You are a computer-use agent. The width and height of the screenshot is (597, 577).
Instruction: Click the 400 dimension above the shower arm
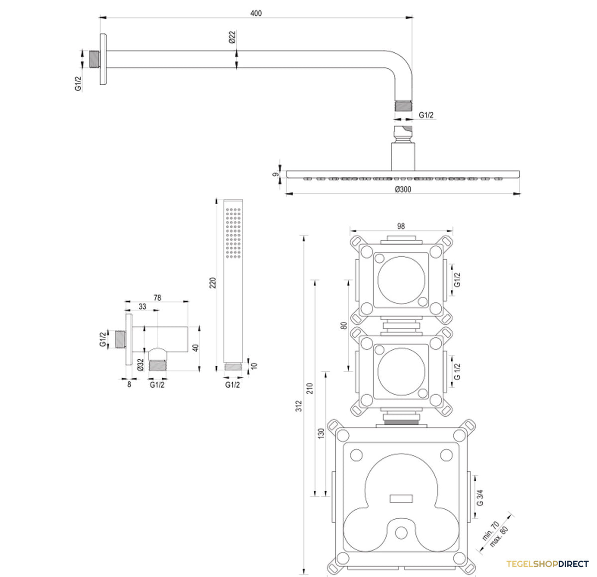(x=256, y=13)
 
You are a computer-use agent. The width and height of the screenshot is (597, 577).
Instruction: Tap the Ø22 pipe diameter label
(x=232, y=37)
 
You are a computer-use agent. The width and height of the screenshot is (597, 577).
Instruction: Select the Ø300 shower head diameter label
(x=403, y=189)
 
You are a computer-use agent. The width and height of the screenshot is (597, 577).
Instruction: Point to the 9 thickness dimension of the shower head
(x=276, y=174)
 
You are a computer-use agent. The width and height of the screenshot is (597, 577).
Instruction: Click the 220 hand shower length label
(x=212, y=283)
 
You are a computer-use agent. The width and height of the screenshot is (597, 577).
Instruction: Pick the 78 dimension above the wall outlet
(x=157, y=297)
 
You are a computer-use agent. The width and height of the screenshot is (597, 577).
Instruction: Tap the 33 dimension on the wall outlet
(x=142, y=306)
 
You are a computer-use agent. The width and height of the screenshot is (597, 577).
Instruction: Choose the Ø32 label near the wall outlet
(x=140, y=365)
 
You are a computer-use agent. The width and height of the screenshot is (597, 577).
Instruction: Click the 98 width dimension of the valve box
(x=401, y=226)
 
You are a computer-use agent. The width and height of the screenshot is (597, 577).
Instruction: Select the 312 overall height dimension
(x=299, y=406)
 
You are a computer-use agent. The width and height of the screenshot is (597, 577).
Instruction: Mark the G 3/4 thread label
(x=480, y=498)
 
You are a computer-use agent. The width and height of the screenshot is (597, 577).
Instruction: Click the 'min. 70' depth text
(x=491, y=531)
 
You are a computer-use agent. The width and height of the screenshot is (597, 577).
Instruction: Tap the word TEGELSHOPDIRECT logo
(x=547, y=564)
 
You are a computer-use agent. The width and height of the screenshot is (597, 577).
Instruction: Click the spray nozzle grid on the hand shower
(x=233, y=233)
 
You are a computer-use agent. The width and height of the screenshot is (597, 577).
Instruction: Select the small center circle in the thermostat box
(x=401, y=533)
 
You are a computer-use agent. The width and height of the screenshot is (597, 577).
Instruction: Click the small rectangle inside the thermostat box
(x=401, y=499)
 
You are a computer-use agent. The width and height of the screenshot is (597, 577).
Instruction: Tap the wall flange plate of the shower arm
(x=103, y=59)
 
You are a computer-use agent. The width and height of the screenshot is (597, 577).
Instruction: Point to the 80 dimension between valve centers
(x=344, y=325)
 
